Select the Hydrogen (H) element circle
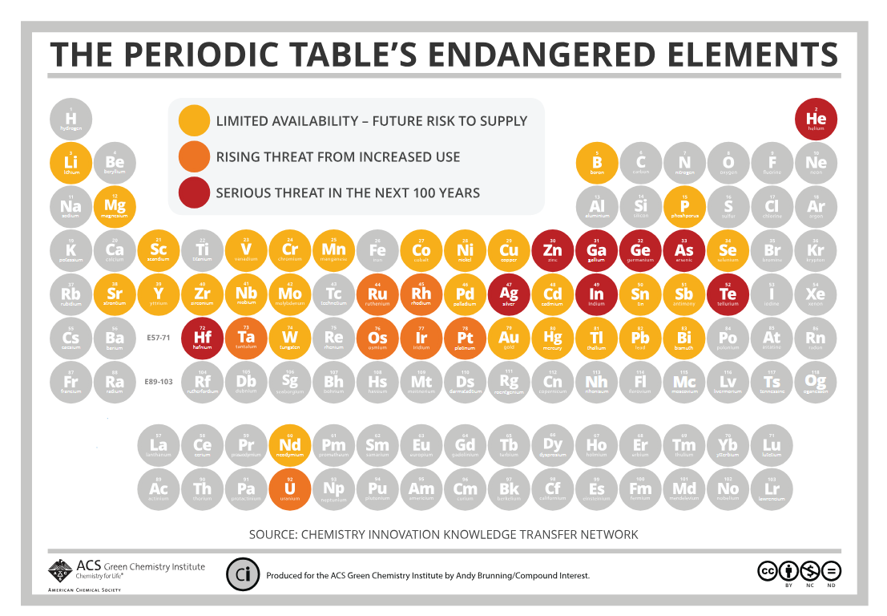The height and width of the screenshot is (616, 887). (71, 119)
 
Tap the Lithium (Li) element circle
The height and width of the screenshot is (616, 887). (71, 163)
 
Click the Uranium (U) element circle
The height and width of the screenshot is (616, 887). (290, 488)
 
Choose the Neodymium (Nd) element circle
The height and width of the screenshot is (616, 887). (290, 444)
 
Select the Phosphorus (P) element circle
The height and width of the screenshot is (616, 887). (684, 206)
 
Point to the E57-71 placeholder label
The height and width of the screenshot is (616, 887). (159, 338)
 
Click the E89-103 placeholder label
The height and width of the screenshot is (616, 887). (159, 382)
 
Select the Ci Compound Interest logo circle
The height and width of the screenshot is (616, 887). (242, 574)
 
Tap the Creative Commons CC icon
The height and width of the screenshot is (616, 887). (768, 571)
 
